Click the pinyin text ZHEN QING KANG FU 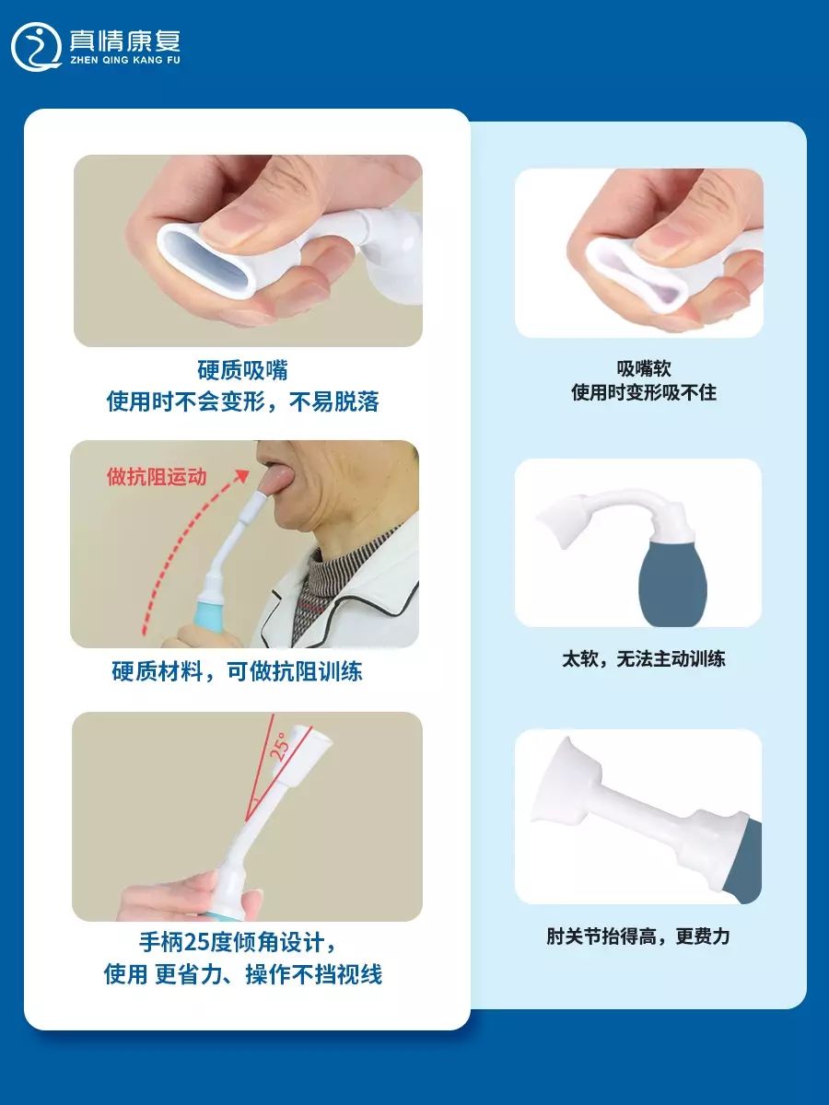[125, 61]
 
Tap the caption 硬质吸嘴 [242, 370]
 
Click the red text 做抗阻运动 [157, 476]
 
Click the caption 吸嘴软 [644, 368]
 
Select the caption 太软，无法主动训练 [643, 658]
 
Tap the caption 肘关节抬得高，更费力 [637, 936]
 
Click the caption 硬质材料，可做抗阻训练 [237, 671]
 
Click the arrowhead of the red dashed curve [243, 476]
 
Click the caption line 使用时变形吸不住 [644, 392]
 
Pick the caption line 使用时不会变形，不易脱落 [242, 401]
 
